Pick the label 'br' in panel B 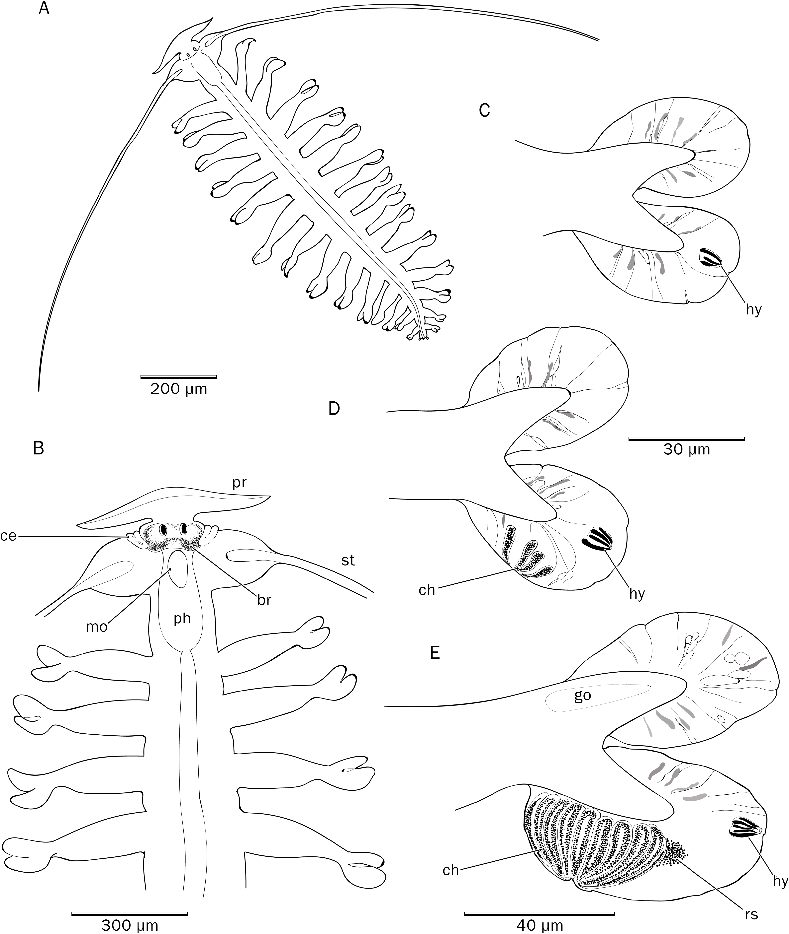264,599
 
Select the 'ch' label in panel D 427,590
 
